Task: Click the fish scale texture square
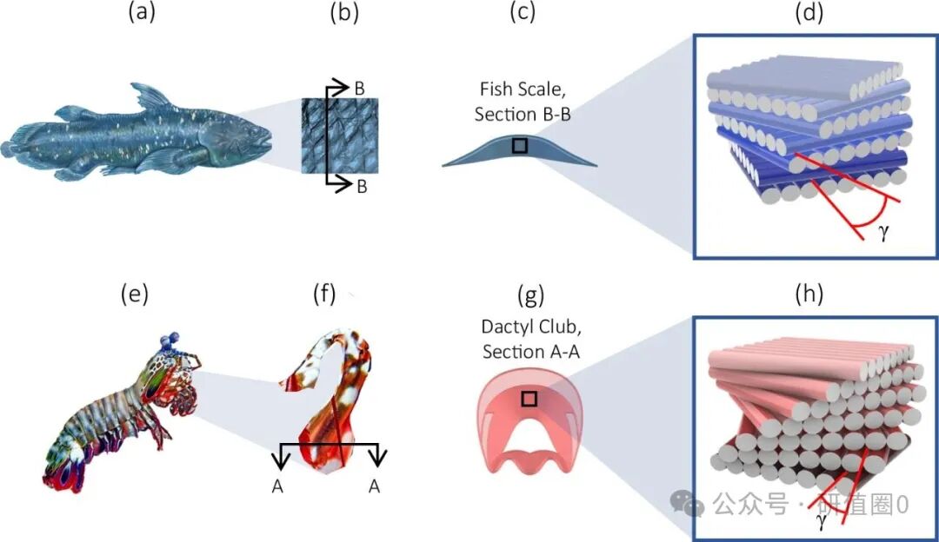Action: click(x=339, y=135)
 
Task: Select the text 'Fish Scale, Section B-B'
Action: click(x=523, y=102)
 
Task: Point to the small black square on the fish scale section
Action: click(x=519, y=146)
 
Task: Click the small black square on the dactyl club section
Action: click(x=528, y=399)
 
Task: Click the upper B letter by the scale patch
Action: click(x=359, y=88)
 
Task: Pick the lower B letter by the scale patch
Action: click(x=359, y=184)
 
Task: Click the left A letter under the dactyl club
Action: click(x=277, y=487)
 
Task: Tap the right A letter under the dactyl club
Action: click(x=374, y=487)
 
